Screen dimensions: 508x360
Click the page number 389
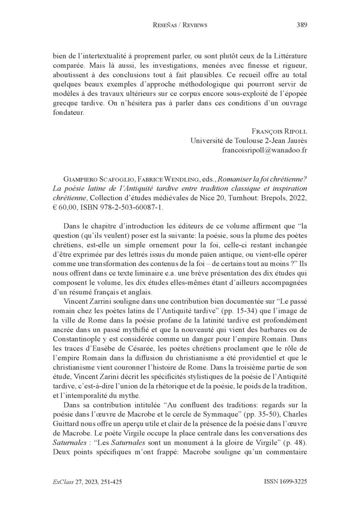301,25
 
